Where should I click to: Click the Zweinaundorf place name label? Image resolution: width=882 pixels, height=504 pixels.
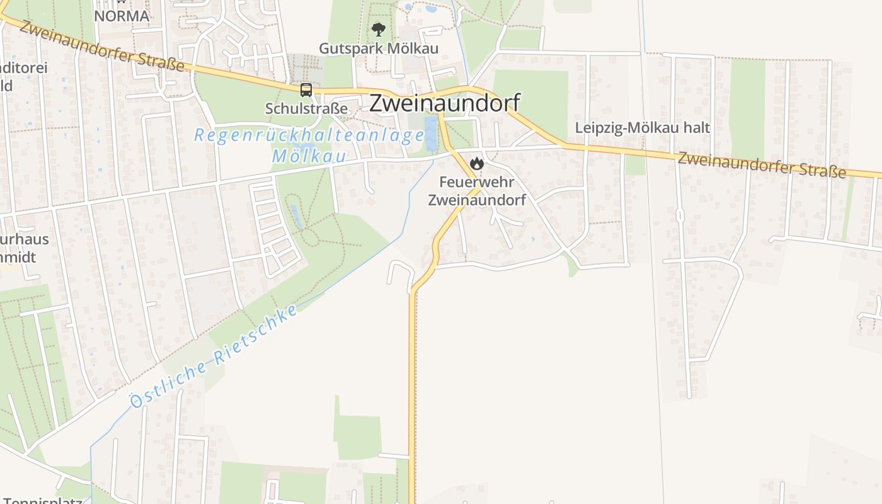coord(444,103)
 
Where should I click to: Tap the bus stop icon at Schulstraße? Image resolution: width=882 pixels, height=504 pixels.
coord(306,90)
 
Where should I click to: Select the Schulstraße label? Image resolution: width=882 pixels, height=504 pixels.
coord(306,108)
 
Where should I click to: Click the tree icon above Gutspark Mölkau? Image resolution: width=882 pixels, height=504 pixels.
coord(379,29)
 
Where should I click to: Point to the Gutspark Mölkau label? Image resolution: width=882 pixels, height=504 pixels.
coord(379,48)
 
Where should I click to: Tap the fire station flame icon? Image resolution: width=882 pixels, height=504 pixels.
coord(477,164)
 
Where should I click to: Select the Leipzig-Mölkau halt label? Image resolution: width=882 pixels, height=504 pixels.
coord(643,127)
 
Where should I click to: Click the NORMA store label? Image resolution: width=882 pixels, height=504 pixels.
coord(122,16)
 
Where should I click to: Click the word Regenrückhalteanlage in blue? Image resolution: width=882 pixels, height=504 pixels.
coord(309,135)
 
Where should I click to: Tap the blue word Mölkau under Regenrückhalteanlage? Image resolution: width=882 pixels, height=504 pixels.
coord(309,156)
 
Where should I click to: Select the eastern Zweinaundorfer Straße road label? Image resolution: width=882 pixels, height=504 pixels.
coord(762,165)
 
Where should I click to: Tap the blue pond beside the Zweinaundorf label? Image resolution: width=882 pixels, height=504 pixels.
coord(431,134)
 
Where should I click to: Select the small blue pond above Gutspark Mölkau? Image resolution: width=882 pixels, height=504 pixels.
coord(432,9)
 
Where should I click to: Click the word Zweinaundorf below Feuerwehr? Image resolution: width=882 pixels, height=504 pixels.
coord(476,200)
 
